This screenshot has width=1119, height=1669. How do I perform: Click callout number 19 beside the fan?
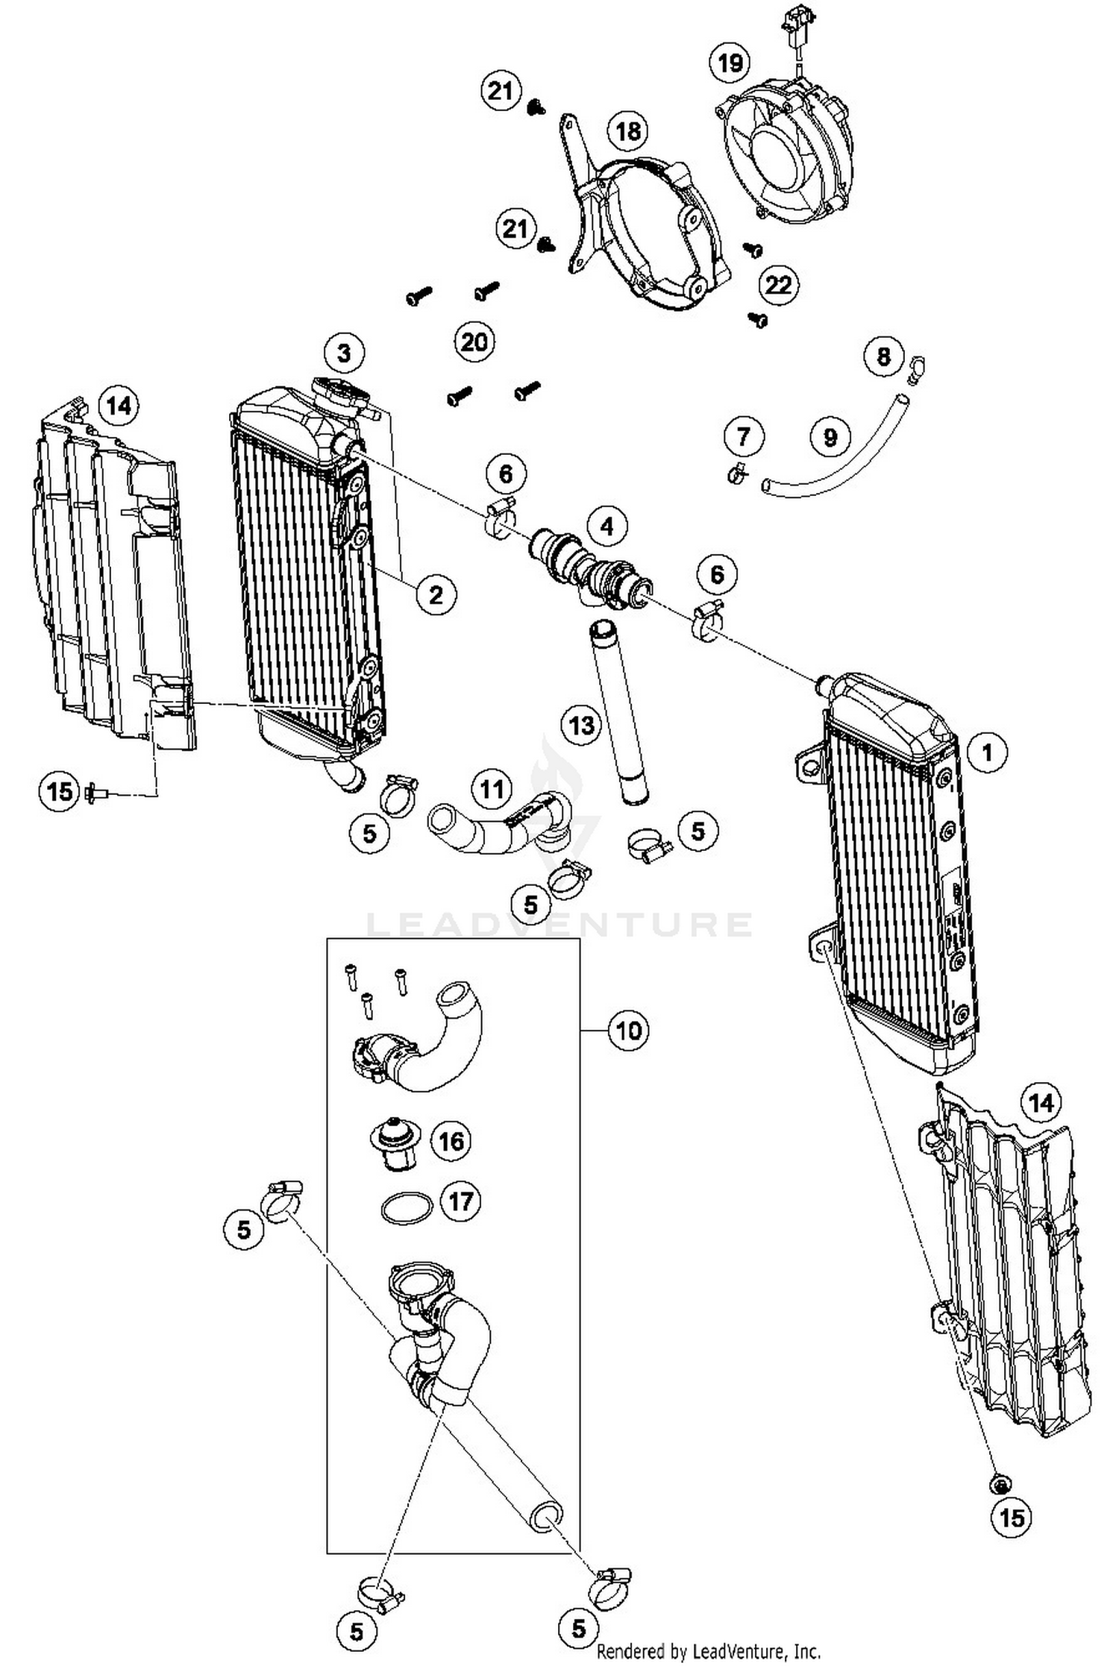[729, 62]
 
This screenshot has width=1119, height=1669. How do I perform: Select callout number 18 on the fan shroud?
[628, 131]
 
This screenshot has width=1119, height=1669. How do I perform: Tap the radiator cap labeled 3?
[342, 392]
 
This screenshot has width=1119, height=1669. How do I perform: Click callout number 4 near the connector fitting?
[606, 527]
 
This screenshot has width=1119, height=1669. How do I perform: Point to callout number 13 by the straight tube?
[581, 724]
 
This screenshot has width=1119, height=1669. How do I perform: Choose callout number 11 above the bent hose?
[491, 788]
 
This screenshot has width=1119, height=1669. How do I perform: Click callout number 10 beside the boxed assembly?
[628, 1031]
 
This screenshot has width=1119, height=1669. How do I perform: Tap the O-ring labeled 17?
[407, 1207]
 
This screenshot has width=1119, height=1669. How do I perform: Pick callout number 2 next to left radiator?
[435, 594]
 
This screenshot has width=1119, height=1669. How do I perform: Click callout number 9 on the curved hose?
[830, 436]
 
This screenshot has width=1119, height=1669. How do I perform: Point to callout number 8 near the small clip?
[883, 356]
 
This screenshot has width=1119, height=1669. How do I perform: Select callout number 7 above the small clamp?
[743, 436]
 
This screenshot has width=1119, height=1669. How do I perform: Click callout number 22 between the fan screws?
[778, 284]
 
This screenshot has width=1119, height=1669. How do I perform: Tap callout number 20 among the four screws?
[474, 342]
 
